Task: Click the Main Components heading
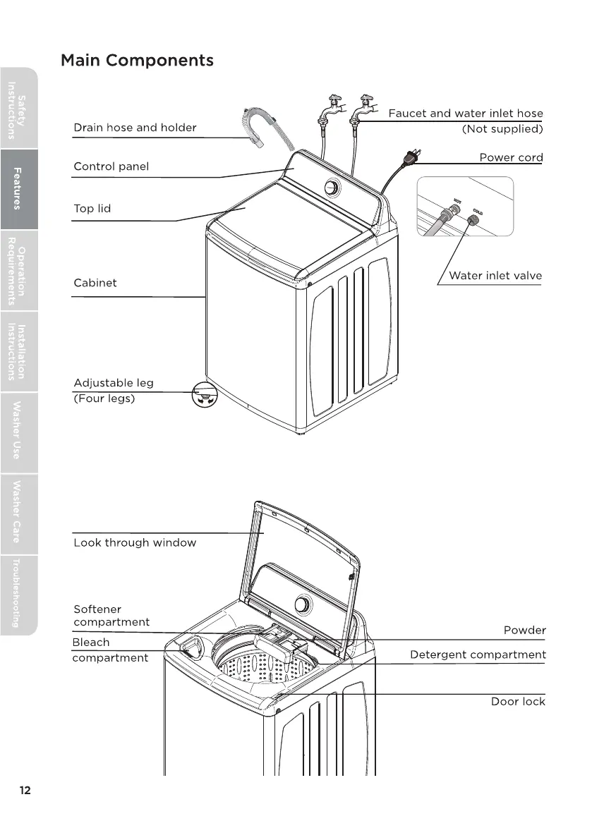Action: pyautogui.click(x=137, y=60)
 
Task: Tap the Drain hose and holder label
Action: pyautogui.click(x=135, y=128)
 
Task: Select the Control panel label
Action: pyautogui.click(x=111, y=166)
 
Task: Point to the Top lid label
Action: pyautogui.click(x=92, y=209)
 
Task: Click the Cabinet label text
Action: pyautogui.click(x=95, y=283)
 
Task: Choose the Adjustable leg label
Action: pyautogui.click(x=114, y=383)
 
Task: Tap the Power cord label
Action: pyautogui.click(x=511, y=157)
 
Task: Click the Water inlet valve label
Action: pyautogui.click(x=495, y=276)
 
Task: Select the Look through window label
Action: pyautogui.click(x=135, y=542)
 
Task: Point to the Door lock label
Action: pyautogui.click(x=518, y=701)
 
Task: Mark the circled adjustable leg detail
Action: pyautogui.click(x=205, y=398)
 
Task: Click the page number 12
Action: pyautogui.click(x=25, y=790)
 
